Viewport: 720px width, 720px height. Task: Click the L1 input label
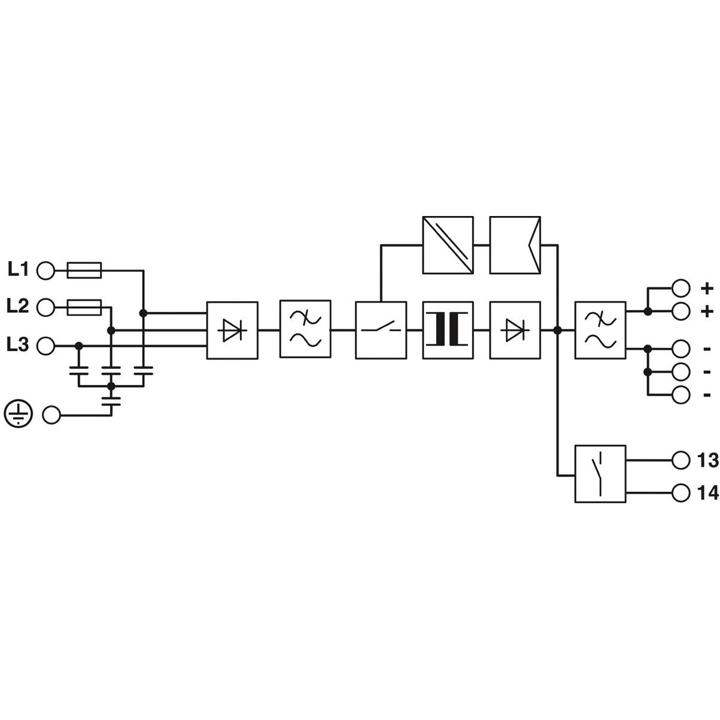(18, 269)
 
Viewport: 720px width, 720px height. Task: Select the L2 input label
(17, 306)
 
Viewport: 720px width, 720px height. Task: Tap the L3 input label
(17, 344)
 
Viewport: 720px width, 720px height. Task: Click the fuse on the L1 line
(84, 270)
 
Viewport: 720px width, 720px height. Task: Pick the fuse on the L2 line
(84, 307)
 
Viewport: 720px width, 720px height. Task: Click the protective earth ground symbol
(19, 414)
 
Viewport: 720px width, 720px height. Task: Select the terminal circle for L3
(46, 346)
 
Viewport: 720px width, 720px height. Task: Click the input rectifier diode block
(232, 330)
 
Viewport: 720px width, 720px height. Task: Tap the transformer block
(448, 330)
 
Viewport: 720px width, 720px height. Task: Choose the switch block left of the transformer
(381, 330)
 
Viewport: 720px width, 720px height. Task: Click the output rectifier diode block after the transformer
(515, 330)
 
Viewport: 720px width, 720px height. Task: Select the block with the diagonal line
(448, 245)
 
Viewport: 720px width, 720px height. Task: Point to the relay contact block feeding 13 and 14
(600, 474)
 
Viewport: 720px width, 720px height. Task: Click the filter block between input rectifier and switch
(305, 329)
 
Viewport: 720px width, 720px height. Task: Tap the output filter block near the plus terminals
(600, 330)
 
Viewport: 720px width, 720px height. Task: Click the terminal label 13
(707, 460)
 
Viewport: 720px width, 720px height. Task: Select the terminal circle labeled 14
(680, 493)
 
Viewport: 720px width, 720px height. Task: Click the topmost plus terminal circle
(680, 288)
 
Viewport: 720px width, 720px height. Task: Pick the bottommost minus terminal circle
(680, 395)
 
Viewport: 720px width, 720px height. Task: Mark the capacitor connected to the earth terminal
(111, 401)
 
